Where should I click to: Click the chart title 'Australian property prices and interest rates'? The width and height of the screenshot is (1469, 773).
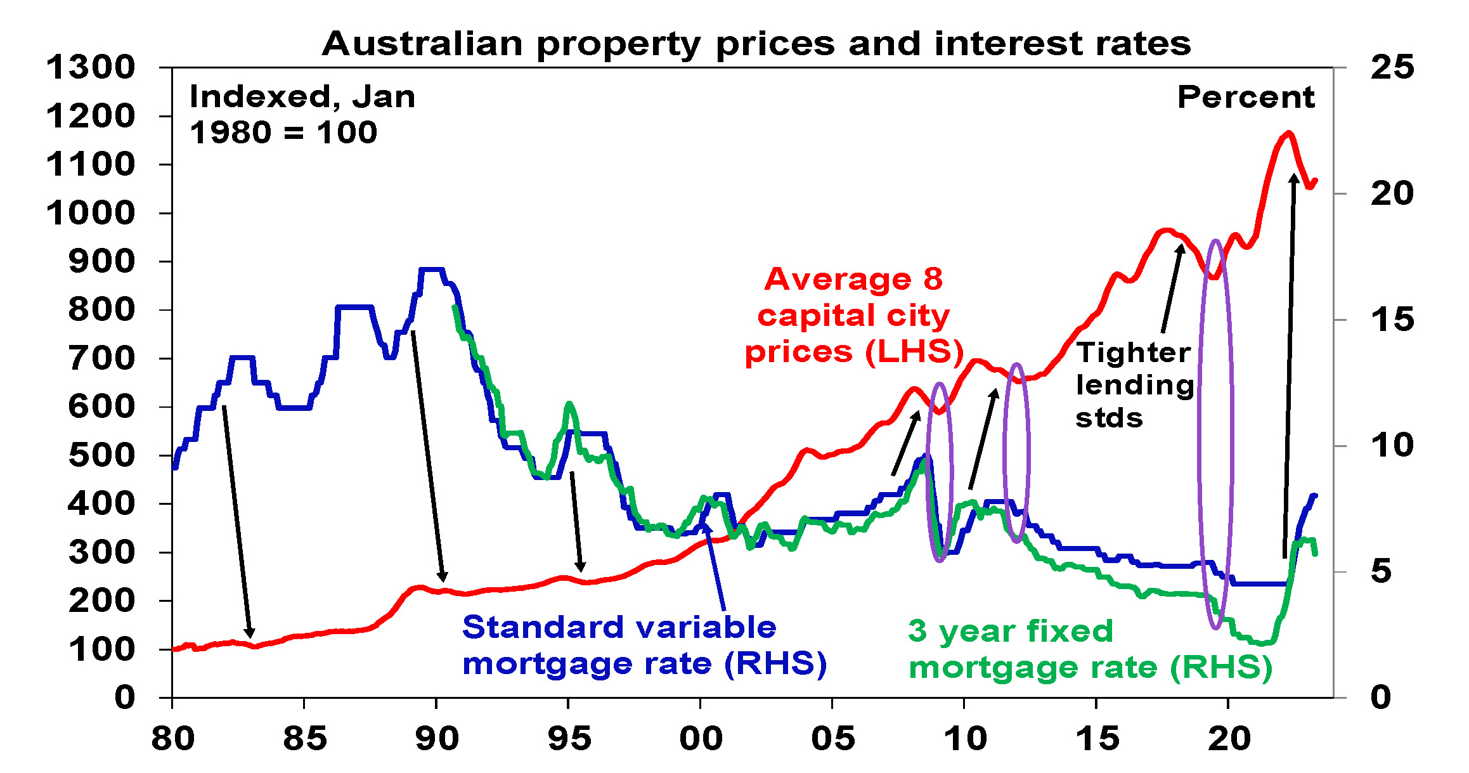756,44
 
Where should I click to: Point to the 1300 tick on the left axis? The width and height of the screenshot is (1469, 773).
91,67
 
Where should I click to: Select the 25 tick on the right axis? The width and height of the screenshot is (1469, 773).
1392,67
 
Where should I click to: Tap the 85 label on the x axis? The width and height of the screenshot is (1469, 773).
304,739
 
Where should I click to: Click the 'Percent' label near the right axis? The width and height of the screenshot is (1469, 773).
1246,98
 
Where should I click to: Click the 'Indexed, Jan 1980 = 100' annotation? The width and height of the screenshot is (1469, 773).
302,115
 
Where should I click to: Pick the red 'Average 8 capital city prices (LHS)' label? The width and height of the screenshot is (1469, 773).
853,315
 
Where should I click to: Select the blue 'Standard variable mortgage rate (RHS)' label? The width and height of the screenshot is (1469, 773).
644,646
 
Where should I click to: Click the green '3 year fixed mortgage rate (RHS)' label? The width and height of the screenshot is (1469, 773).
1090,649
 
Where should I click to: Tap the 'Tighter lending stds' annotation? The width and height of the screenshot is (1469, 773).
1134,385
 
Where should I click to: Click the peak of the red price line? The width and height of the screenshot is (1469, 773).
1288,133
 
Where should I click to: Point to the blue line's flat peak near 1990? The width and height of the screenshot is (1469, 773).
431,270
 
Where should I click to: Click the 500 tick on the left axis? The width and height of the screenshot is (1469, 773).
101,455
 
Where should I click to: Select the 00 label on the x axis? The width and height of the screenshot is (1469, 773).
701,739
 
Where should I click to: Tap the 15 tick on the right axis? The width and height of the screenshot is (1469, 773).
1392,320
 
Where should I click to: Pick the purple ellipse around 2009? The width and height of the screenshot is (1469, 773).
940,472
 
